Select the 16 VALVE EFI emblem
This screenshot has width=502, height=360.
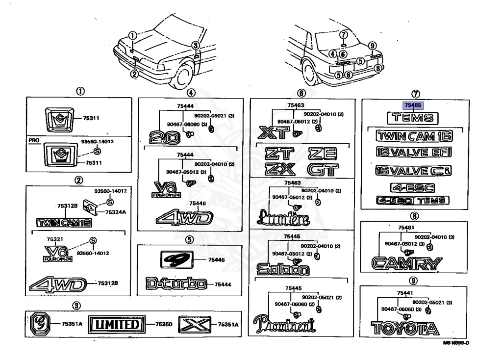click(413, 152)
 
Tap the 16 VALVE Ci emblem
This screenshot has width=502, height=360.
click(413, 171)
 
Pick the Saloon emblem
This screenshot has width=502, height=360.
click(283, 268)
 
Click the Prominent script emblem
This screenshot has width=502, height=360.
click(285, 324)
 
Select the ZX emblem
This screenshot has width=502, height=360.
click(279, 170)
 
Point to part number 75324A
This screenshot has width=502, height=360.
click(116, 212)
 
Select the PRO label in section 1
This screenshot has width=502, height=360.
click(33, 140)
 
